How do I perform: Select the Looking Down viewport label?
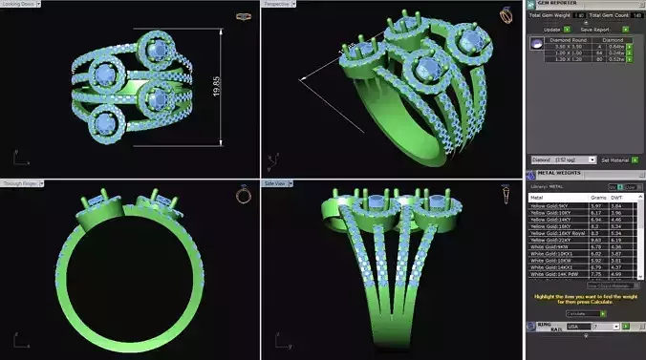pyautogui.click(x=20, y=4)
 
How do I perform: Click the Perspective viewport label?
pyautogui.click(x=277, y=4)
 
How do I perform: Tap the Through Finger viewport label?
pyautogui.click(x=20, y=182)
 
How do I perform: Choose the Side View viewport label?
pyautogui.click(x=278, y=182)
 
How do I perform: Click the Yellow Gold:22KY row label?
pyautogui.click(x=553, y=239)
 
